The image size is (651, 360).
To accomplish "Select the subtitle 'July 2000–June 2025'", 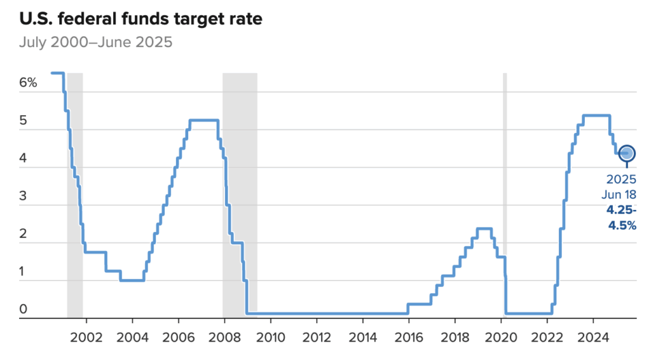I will (95, 43).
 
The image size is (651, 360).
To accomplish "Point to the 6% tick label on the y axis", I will (28, 83).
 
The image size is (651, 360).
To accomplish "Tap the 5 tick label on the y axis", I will (23, 120).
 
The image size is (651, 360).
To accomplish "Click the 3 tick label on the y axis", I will (23, 196).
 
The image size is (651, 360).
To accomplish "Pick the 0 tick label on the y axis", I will (23, 309).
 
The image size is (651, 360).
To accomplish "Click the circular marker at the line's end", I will (627, 153).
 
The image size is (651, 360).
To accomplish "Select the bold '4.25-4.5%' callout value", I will (622, 218).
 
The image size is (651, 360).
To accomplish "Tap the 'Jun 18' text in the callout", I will (621, 194).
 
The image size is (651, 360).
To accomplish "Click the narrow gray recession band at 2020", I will (505, 191).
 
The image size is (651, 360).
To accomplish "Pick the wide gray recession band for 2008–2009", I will (240, 191).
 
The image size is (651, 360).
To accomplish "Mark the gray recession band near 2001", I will (75, 191).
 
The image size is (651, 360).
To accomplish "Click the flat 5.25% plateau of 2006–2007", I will (204, 120).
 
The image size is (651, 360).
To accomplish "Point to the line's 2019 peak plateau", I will (484, 228).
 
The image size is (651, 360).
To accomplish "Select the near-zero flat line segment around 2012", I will (318, 313).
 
